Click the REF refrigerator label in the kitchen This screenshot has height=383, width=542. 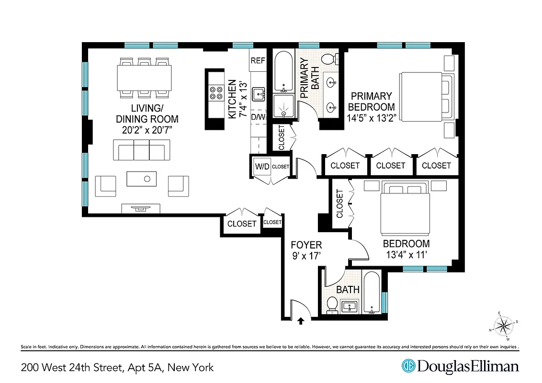258,61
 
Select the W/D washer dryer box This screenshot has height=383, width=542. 262,167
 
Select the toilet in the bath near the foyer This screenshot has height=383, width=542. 332,304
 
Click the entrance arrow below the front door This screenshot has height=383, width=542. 301,321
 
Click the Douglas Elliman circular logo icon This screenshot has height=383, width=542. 408,367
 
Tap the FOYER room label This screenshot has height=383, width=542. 306,246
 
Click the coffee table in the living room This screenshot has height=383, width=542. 141,179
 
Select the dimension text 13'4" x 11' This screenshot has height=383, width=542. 406,254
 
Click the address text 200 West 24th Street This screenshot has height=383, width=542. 72,368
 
